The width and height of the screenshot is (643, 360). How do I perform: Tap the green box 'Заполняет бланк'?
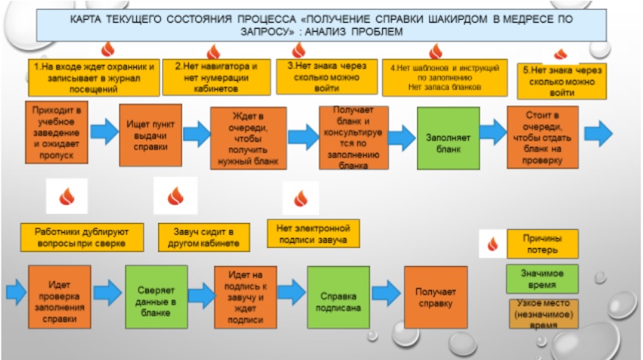[449, 138]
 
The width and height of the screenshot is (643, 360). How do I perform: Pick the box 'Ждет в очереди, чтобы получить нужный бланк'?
[247, 139]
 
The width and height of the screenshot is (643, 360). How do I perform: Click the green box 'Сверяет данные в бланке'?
[156, 296]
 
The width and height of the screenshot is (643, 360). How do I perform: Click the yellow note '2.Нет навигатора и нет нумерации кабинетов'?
[216, 78]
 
